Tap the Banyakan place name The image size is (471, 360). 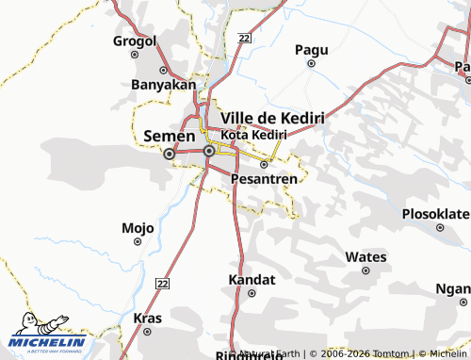point(163,84)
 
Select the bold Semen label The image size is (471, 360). point(169,137)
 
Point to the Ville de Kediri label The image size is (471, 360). point(272,118)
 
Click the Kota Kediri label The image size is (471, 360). point(253,135)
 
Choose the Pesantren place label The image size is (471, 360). point(264,177)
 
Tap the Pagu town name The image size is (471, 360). point(312,49)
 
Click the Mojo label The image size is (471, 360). point(138,228)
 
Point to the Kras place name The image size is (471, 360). point(142,318)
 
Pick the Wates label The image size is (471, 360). point(365,256)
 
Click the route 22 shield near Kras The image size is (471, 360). point(162,284)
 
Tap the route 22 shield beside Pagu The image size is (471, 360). point(245,38)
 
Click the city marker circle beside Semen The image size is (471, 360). point(170,154)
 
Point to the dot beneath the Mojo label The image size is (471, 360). point(138,242)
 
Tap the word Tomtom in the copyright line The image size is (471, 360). point(392,352)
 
